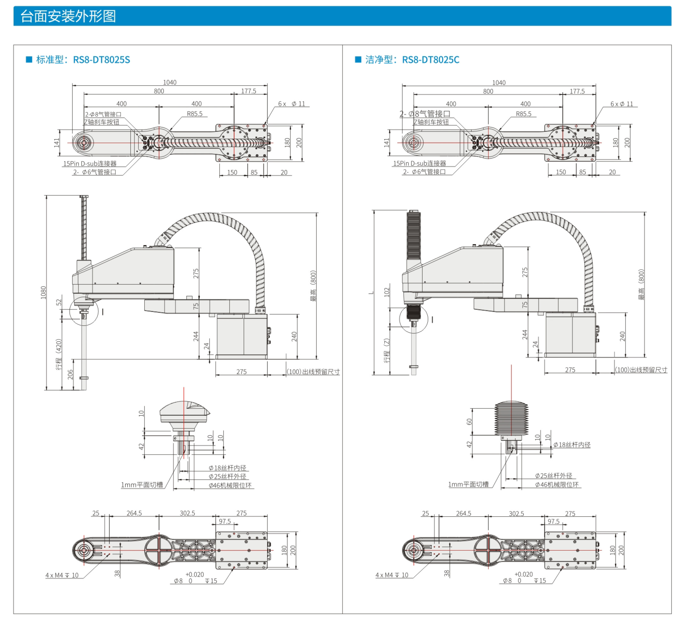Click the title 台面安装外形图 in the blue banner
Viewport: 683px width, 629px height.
[x=68, y=16]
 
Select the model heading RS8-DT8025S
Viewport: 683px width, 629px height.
[x=102, y=60]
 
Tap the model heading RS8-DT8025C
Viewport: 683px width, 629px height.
[x=430, y=60]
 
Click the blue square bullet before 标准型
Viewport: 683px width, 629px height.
[x=29, y=60]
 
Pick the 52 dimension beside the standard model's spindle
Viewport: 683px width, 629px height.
[x=59, y=302]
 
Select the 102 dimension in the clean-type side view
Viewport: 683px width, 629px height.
[x=387, y=292]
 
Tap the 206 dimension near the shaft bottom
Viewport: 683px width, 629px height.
[x=70, y=374]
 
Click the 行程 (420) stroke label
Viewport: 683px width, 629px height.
[x=59, y=354]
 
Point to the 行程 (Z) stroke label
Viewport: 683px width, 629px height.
[x=387, y=350]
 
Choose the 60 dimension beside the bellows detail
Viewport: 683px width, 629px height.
[x=469, y=422]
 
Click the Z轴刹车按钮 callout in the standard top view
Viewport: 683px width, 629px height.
[x=102, y=122]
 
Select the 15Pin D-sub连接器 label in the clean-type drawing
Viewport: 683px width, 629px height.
[x=419, y=163]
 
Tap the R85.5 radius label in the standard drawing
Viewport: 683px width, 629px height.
[x=195, y=114]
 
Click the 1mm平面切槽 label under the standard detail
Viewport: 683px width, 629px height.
[x=142, y=485]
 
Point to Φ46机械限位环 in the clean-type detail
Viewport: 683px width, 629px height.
[x=556, y=485]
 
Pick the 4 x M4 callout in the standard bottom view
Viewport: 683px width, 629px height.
[x=62, y=575]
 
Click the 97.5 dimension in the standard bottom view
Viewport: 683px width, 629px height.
[x=225, y=521]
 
